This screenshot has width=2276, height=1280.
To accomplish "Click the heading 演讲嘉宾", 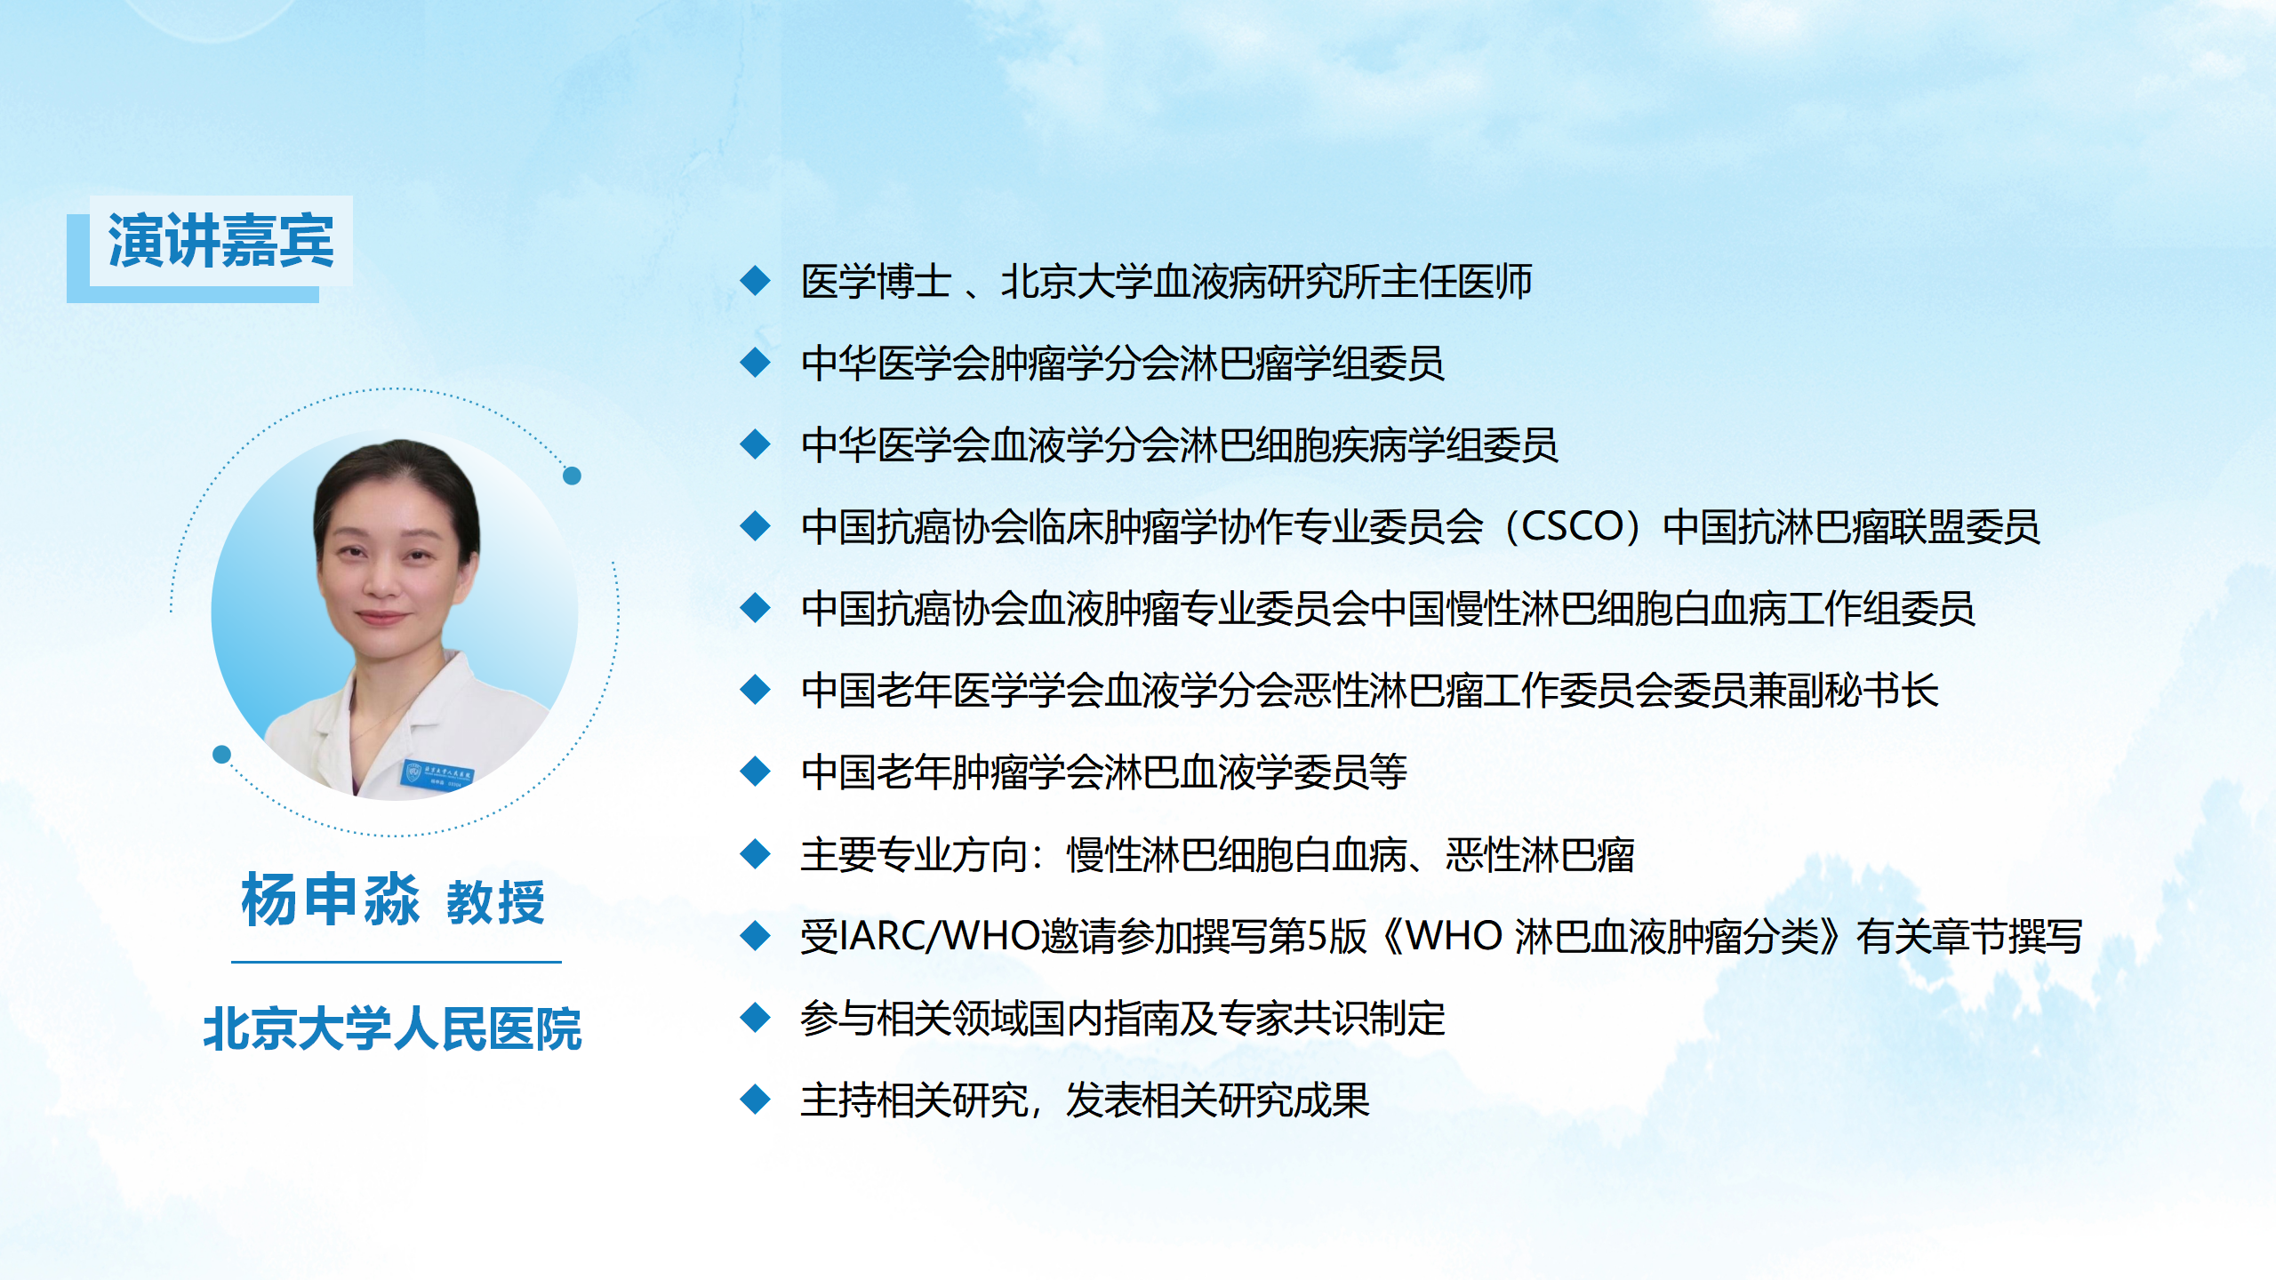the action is pos(220,241).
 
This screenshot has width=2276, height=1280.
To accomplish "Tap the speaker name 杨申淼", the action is pos(330,900).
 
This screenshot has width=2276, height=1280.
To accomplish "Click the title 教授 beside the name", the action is pos(495,903).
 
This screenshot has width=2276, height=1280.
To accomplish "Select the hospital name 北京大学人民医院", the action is pos(392,1029).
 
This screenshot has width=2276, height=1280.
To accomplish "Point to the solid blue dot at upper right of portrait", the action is pos(573,476).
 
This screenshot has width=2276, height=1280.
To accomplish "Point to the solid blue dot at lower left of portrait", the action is pos(222,755).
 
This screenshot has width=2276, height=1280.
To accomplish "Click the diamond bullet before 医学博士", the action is pos(755,281).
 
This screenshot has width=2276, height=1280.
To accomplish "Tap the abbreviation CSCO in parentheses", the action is pos(1573,526).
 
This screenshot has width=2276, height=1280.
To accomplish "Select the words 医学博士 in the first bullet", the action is pos(876,282).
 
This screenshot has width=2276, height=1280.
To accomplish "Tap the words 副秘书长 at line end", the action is pos(1863,691).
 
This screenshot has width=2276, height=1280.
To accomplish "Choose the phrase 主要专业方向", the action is pos(914,855).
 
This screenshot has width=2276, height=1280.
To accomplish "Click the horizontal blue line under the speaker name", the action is pos(397,962).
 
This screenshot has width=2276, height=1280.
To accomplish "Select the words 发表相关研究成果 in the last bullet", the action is pos(1218,1100).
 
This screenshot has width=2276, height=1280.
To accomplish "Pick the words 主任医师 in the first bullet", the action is pos(1457,282).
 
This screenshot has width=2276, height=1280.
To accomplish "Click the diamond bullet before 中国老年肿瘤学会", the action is pos(755,772).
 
